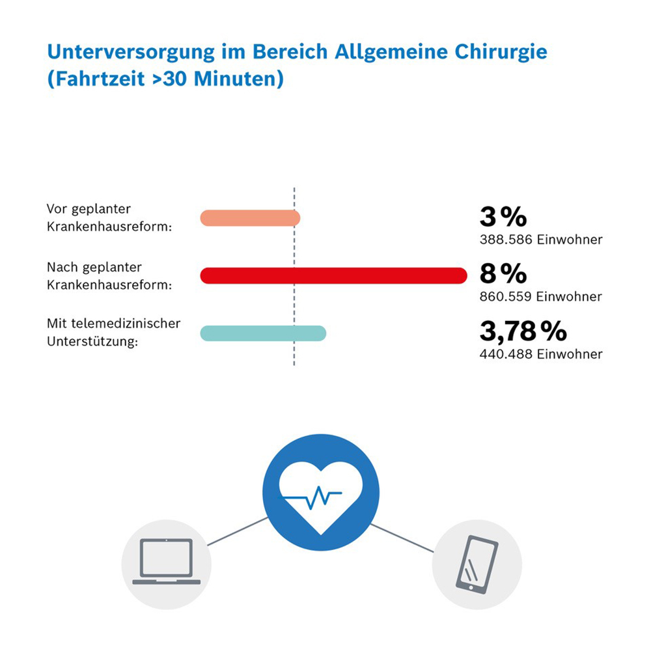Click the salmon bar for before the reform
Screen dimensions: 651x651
pyautogui.click(x=250, y=218)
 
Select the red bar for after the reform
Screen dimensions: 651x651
pyautogui.click(x=333, y=275)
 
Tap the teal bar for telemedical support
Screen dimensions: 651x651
pyautogui.click(x=263, y=333)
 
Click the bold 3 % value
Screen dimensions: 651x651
pyautogui.click(x=503, y=217)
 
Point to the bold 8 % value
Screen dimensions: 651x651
pyautogui.click(x=503, y=275)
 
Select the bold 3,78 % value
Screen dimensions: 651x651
pyautogui.click(x=523, y=332)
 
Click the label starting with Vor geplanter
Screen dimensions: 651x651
pyautogui.click(x=89, y=210)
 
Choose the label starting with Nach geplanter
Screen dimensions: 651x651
pyautogui.click(x=94, y=267)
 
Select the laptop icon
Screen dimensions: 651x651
pyautogui.click(x=167, y=562)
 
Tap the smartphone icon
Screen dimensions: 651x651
pyautogui.click(x=477, y=562)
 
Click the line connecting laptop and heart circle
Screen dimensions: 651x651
pyautogui.click(x=237, y=531)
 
